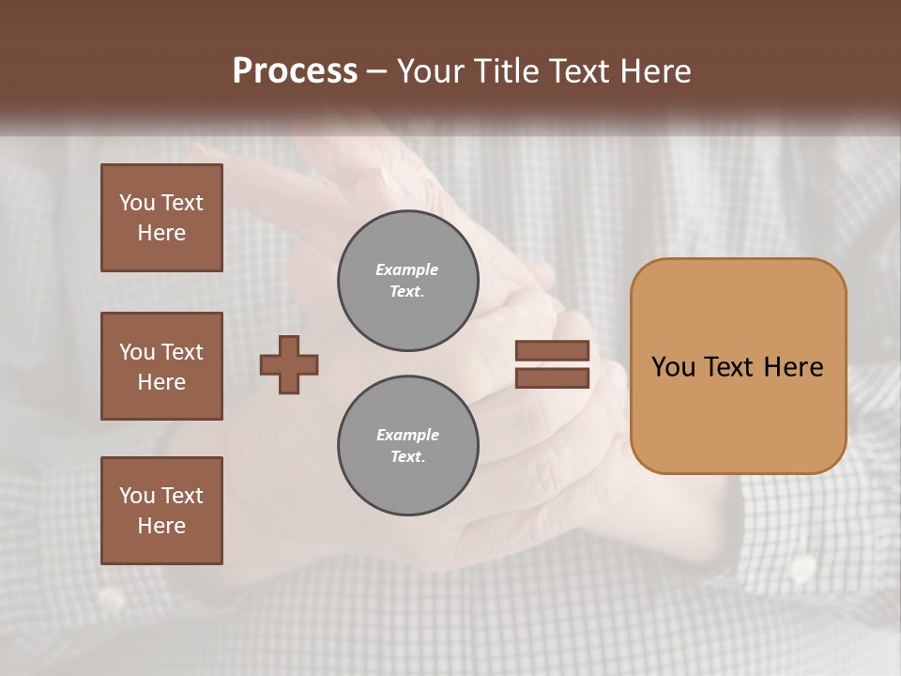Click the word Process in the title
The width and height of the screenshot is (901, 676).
(x=295, y=71)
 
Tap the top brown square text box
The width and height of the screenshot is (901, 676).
(x=161, y=218)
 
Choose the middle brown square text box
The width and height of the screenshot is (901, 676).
(x=161, y=366)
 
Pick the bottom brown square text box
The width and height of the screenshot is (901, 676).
(x=161, y=511)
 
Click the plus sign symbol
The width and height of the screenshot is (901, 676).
(x=289, y=364)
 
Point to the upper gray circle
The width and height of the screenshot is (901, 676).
(x=407, y=281)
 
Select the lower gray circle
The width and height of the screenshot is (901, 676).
(x=407, y=446)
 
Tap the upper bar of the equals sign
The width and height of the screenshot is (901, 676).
(x=552, y=350)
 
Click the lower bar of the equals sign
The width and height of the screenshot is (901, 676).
(x=552, y=377)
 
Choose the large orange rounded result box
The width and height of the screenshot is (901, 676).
(x=738, y=366)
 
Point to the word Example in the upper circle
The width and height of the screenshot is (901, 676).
(x=406, y=269)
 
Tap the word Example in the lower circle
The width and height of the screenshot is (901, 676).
(x=407, y=435)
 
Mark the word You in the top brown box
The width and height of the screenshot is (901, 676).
(x=137, y=203)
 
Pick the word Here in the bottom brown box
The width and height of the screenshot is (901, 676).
(x=161, y=526)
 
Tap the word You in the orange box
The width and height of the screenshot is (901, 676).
(x=673, y=367)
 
